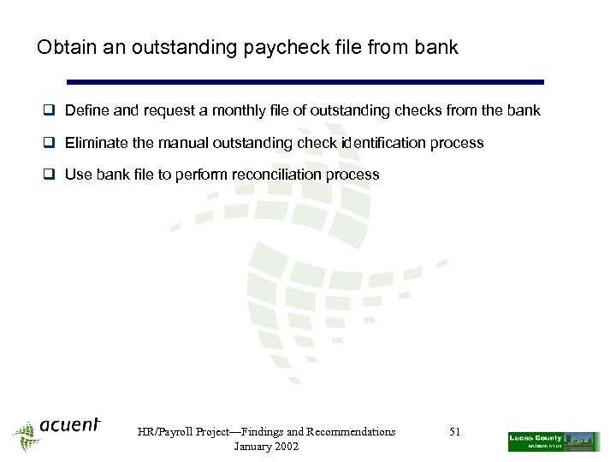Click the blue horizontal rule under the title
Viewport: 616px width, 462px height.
305,82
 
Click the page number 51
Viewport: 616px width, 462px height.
454,432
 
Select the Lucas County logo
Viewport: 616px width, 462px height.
554,441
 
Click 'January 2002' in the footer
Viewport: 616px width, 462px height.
266,447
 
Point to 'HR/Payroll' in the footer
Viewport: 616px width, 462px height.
166,432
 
